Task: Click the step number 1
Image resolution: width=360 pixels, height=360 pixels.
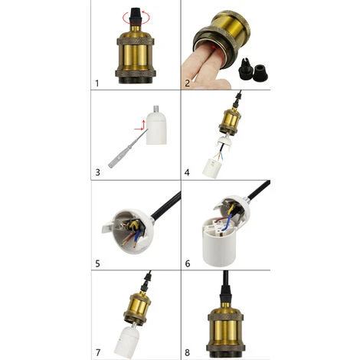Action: [97, 80]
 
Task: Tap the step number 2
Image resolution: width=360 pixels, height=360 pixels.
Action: [186, 80]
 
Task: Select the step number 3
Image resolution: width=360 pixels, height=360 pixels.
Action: [97, 172]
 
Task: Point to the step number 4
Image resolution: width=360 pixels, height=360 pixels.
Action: [187, 172]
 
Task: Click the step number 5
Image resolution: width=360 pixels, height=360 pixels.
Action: [97, 263]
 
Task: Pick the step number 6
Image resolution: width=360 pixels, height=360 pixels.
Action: [186, 263]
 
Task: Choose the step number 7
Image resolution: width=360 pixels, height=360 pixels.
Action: [97, 352]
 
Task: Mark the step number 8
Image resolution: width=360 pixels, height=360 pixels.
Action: [186, 352]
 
